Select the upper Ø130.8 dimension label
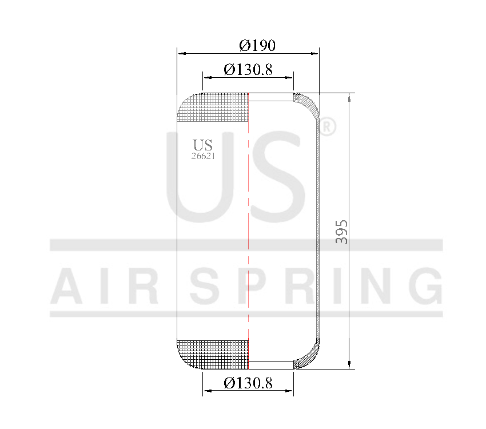click(x=248, y=69)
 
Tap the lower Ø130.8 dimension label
click(x=248, y=383)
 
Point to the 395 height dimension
click(x=341, y=232)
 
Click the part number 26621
click(x=203, y=156)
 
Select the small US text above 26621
click(x=202, y=145)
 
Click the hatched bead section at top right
click(x=308, y=104)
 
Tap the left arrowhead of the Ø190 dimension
click(x=181, y=53)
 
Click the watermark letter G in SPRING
click(x=421, y=286)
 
